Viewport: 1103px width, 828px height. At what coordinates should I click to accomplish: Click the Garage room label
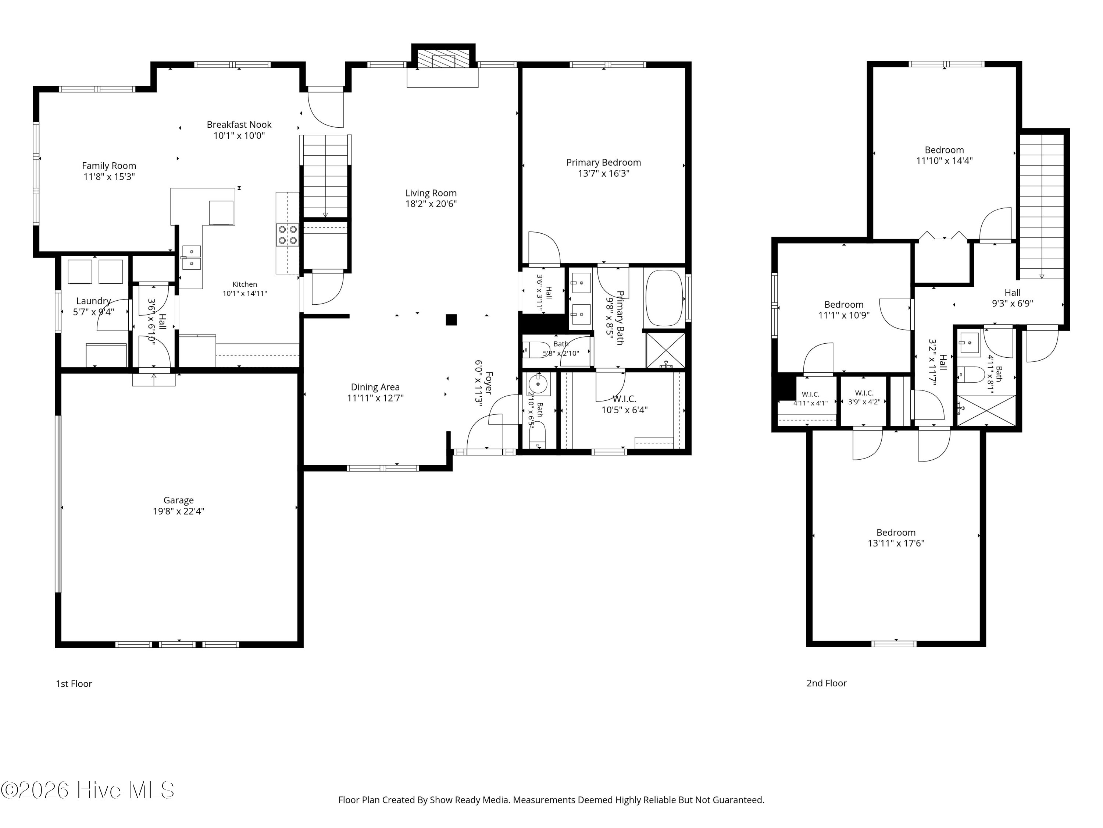pos(179,500)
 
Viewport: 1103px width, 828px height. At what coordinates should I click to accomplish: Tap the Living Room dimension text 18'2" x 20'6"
pos(431,204)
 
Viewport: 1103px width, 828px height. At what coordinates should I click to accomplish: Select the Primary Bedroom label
pos(603,162)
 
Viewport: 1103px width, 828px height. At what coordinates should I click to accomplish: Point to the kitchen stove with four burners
pos(288,234)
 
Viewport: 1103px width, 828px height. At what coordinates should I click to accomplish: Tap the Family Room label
pos(109,166)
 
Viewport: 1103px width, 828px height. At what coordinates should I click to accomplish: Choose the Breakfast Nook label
pos(239,124)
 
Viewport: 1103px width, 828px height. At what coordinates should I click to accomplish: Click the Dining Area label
pos(375,387)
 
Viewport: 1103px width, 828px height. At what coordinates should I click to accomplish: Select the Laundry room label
pos(93,301)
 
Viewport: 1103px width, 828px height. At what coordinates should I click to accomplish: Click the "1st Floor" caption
pos(74,684)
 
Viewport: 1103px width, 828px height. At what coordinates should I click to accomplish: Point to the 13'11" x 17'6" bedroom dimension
pos(896,544)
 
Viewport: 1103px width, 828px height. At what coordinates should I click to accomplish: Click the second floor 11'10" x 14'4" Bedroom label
pos(945,150)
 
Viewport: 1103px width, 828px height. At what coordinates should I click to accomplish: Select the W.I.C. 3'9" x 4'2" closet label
pos(864,393)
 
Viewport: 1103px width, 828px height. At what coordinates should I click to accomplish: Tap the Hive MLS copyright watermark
pos(88,790)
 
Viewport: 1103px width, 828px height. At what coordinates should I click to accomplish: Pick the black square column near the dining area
pos(451,319)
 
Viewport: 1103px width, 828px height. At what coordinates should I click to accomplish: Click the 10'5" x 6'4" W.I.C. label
pos(624,399)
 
